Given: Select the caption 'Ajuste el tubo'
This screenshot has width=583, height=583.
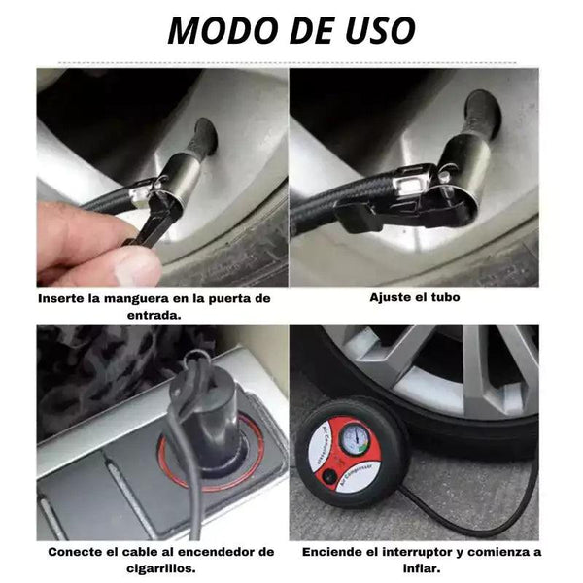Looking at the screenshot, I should [415, 297].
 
